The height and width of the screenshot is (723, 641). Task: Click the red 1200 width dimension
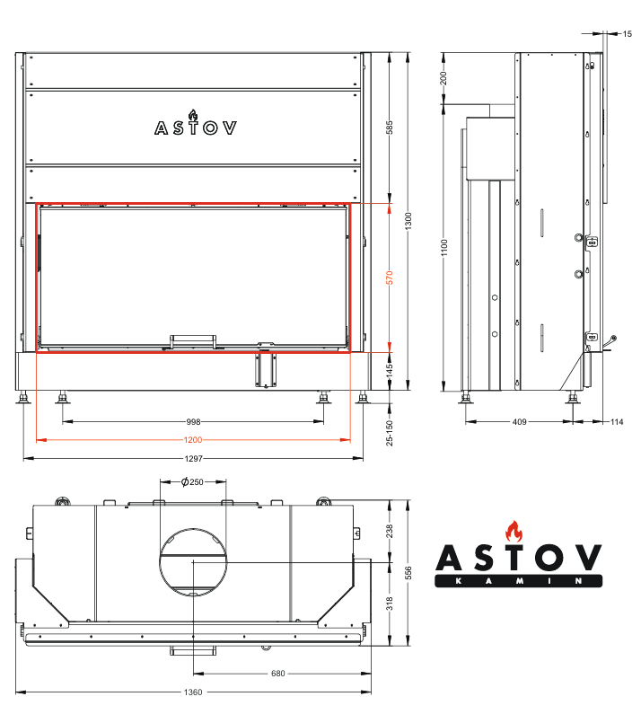pos(193,440)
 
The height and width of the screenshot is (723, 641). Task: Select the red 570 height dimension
pos(390,278)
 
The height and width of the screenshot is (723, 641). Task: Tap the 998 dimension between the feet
pos(194,421)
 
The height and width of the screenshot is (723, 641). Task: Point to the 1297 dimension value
pos(194,458)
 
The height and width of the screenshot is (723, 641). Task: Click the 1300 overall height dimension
pos(408,221)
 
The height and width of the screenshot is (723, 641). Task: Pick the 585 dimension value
pos(390,128)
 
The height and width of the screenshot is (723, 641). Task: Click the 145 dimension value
pos(390,370)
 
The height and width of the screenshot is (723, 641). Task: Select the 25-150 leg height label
pos(390,433)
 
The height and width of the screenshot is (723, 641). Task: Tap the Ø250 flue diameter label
pos(192,481)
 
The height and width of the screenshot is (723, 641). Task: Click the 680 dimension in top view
pos(278,674)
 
